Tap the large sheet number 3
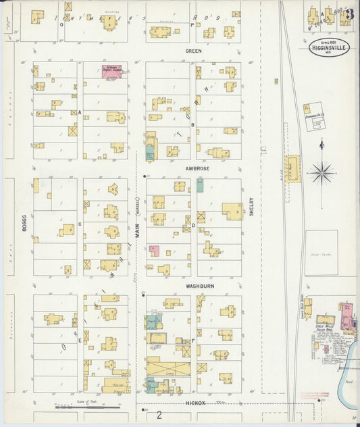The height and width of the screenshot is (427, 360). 348,14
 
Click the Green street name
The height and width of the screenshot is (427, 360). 194,51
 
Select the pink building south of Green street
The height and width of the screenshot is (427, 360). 111,71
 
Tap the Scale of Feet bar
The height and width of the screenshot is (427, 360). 88,407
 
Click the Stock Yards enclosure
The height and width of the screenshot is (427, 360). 321,253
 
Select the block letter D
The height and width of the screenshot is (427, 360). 193,225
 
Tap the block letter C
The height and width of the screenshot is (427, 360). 80,224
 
